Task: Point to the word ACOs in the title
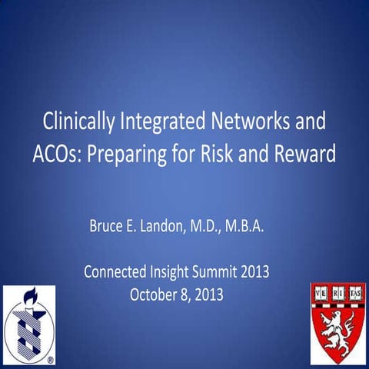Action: (x=55, y=153)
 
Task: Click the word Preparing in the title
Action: (x=131, y=153)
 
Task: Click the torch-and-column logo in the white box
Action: (x=28, y=325)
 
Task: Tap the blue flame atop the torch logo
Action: (x=25, y=296)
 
